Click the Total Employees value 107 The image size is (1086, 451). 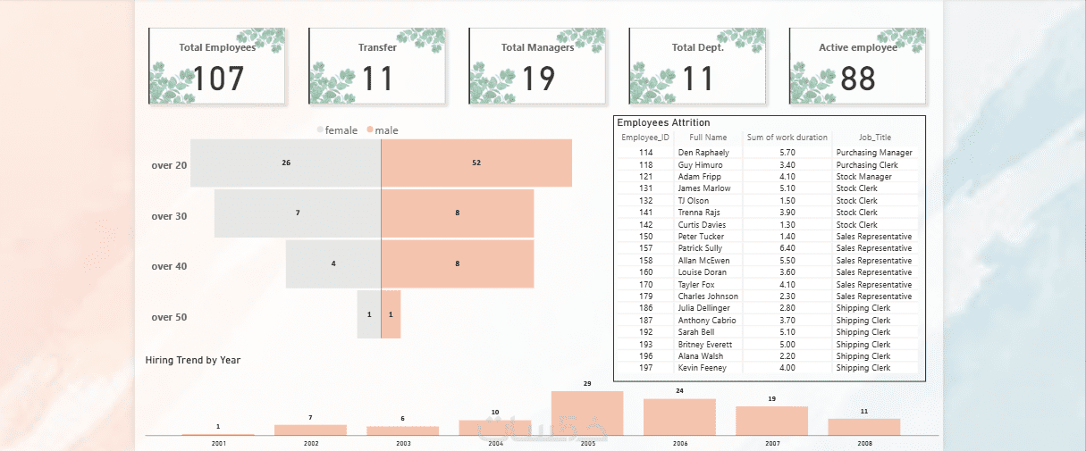coord(218,79)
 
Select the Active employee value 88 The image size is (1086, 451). coord(858,79)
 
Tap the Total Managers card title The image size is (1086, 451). coord(537,47)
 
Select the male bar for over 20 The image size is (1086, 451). coord(476,163)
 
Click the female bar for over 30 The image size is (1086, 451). coord(297,213)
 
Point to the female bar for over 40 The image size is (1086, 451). coord(333,263)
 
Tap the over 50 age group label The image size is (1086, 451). coord(169,317)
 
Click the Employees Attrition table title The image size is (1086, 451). coord(663,122)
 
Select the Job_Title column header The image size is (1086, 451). coord(856,138)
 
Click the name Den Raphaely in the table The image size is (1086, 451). coord(703,153)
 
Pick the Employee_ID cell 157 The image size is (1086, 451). coord(645,248)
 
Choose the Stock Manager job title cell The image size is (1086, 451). coord(863,177)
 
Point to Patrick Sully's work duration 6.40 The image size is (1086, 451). coord(787,248)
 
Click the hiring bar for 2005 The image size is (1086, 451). coord(587,413)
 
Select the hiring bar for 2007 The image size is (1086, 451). coord(771,421)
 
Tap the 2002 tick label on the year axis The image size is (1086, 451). coord(311,443)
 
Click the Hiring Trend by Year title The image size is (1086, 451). coord(192,360)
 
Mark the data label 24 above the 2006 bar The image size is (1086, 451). coord(679,391)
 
